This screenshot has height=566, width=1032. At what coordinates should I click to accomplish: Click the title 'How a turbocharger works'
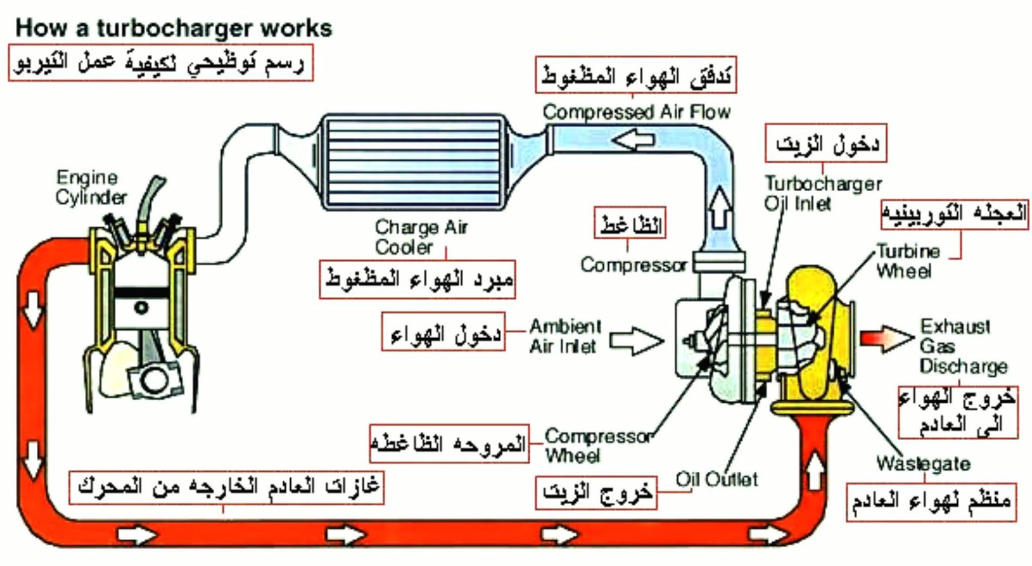coord(174,28)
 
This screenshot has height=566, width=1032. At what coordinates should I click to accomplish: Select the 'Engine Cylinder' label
coord(91,187)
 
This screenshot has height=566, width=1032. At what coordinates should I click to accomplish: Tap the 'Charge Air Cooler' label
coord(421,237)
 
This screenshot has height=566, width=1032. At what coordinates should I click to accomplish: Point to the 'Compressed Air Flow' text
coord(636,112)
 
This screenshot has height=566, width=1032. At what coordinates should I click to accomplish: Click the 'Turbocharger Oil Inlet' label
coord(822,194)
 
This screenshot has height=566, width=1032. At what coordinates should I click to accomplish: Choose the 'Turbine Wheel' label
coord(907,261)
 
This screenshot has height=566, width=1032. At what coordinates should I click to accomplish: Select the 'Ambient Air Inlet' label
coord(565,336)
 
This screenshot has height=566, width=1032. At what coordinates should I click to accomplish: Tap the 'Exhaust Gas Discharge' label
coord(962,346)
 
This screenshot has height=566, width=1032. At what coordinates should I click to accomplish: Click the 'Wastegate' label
coord(923,463)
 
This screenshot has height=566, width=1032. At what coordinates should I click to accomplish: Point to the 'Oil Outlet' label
coord(717,480)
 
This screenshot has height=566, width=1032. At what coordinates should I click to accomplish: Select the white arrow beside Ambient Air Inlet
coord(636,341)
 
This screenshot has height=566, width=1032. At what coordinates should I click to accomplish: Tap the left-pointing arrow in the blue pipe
coord(633,139)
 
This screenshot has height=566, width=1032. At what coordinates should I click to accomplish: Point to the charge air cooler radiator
coord(413,162)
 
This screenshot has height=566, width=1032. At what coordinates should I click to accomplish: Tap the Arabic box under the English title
coord(161,63)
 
